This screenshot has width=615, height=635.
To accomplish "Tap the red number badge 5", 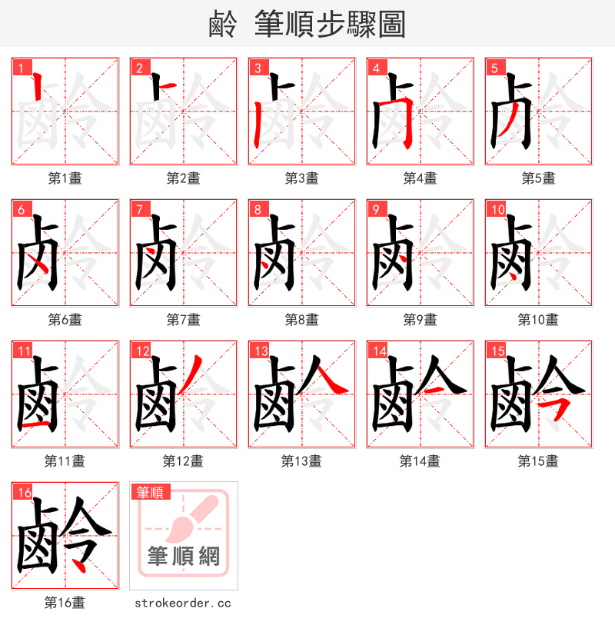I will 494,68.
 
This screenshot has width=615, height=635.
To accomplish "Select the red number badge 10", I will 497,209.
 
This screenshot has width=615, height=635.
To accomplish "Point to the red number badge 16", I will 23,492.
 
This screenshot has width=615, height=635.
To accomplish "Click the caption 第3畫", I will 301,178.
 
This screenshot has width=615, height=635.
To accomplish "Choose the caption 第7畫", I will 183,320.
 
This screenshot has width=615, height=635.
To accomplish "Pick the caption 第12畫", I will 183,461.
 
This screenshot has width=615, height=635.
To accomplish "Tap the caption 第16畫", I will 65,603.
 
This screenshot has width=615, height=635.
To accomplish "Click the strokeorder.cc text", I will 183,603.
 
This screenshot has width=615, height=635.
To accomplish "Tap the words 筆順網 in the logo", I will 184,555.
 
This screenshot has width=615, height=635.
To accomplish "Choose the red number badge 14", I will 378,351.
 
